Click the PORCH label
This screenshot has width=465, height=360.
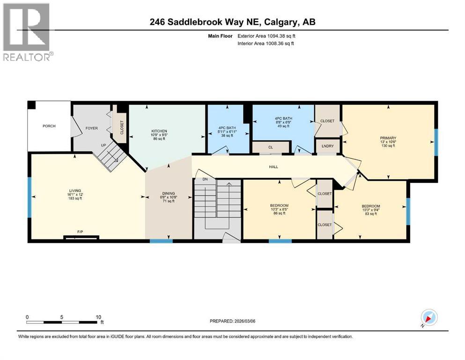49,126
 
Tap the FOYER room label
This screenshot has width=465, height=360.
91,128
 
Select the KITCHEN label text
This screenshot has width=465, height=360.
159,131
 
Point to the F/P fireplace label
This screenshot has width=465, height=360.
81,232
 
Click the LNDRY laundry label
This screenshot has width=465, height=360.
328,146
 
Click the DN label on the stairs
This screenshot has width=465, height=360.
205,179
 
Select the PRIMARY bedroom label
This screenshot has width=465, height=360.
388,138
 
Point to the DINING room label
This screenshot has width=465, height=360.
169,194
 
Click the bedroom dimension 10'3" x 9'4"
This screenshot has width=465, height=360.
370,210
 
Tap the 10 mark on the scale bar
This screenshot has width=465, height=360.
98,317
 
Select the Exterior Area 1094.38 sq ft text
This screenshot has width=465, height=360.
266,36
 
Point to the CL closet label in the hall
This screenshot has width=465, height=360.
270,147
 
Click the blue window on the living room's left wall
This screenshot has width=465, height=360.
29,197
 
